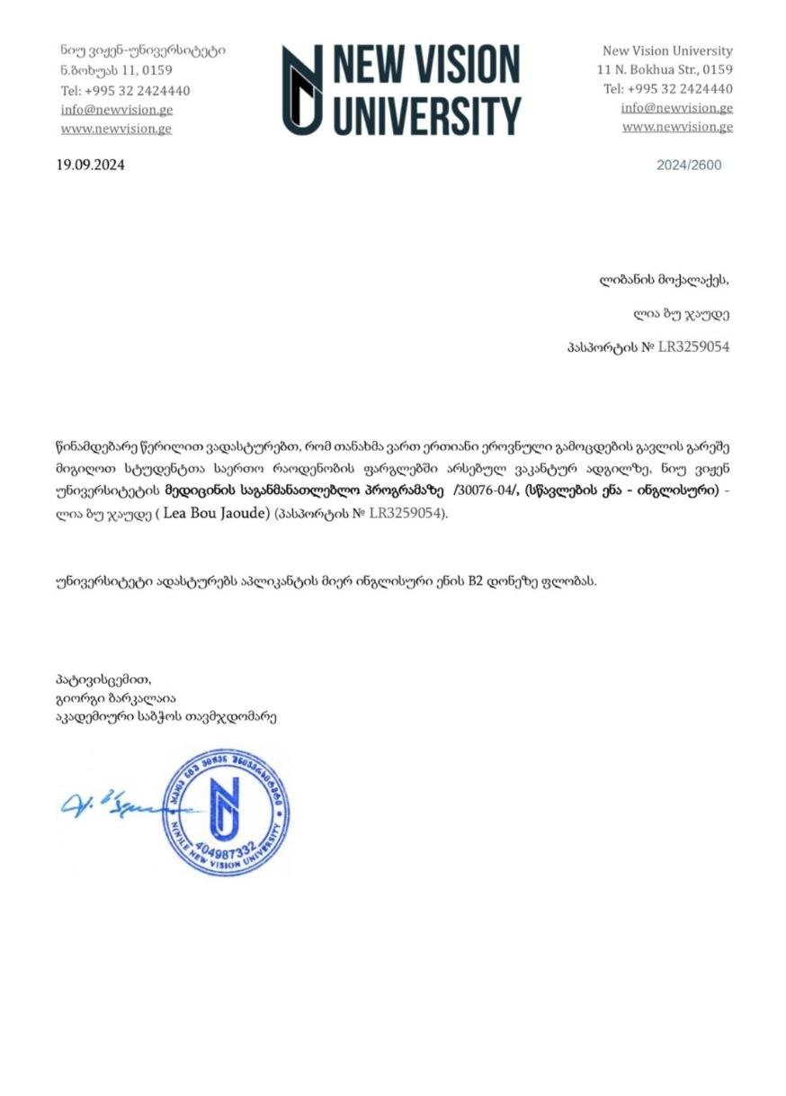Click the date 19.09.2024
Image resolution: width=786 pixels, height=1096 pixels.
[91, 165]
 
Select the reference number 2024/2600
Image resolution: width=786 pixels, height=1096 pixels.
[689, 166]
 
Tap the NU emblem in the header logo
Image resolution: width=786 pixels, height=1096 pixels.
[302, 90]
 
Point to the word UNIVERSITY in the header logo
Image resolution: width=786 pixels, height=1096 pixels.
[428, 115]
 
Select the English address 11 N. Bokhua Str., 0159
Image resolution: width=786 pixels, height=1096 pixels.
[665, 69]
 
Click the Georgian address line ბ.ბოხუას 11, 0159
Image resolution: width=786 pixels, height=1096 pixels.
[117, 70]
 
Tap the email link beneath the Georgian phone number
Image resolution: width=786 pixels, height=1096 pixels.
[117, 110]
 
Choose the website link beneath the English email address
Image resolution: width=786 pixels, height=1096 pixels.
[677, 127]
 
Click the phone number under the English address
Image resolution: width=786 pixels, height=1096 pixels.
[667, 89]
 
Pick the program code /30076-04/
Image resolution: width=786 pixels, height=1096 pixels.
[487, 491]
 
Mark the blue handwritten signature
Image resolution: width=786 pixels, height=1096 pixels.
[108, 804]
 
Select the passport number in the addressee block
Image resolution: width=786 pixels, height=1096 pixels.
[693, 346]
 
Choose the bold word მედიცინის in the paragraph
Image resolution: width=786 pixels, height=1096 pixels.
[201, 491]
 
